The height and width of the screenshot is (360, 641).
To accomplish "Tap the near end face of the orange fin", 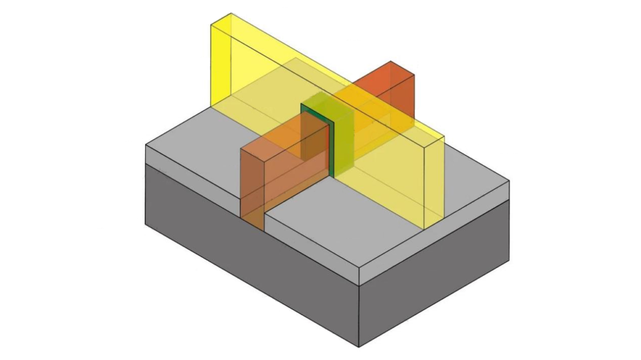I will coord(253,188).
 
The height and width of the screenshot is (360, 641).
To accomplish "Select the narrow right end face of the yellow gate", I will coord(436,182).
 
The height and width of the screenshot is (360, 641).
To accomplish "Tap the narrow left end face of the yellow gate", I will coord(221,63).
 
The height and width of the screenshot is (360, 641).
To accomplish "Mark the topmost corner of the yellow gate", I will coord(230,13).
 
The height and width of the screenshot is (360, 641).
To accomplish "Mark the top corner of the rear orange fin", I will coord(391,61).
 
